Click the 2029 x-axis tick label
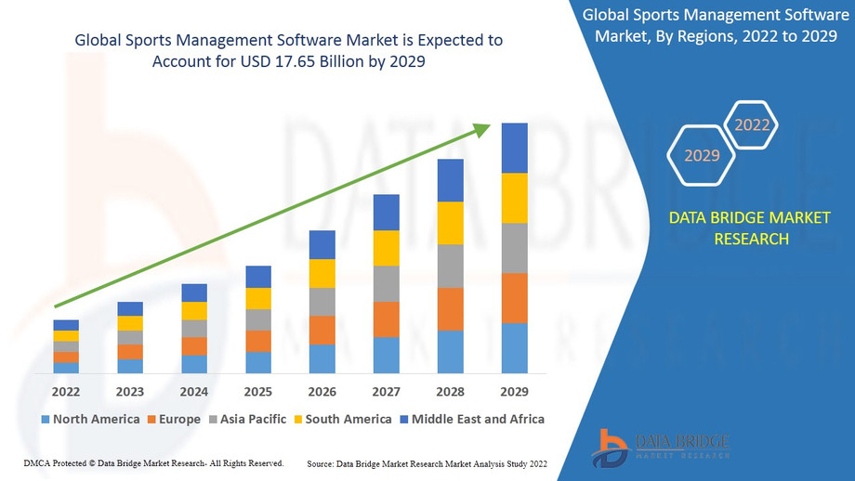click(x=515, y=391)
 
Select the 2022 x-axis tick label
click(x=66, y=391)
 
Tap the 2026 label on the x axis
click(x=322, y=391)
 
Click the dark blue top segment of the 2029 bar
click(x=515, y=148)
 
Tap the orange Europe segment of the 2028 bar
click(x=451, y=309)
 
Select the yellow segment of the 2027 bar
click(x=387, y=248)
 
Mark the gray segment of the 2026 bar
click(x=322, y=302)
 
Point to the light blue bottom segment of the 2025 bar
click(x=258, y=363)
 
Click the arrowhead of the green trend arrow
click(x=482, y=130)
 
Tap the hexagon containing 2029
click(x=703, y=155)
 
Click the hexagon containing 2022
click(x=752, y=124)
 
